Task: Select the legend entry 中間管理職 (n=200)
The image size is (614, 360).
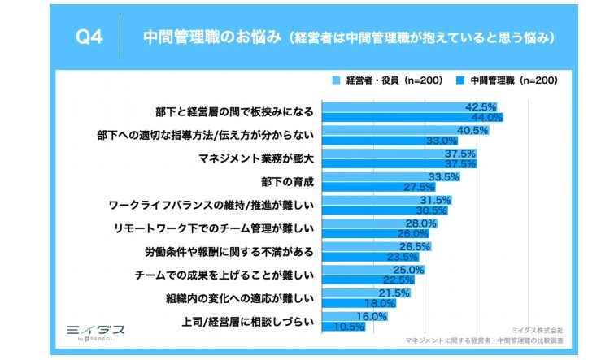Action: pyautogui.click(x=508, y=80)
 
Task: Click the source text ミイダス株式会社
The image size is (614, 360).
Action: pyautogui.click(x=536, y=331)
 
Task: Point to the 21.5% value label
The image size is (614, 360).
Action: pyautogui.click(x=394, y=293)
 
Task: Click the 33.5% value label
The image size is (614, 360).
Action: pyautogui.click(x=444, y=177)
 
